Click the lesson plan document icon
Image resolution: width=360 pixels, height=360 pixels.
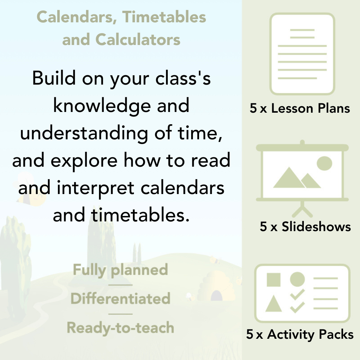302,54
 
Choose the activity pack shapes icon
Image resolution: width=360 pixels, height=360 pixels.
302,293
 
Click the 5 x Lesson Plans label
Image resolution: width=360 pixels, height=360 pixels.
300,108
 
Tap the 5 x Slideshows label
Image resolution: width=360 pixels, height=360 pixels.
305,226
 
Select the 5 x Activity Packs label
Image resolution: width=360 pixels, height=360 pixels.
300,334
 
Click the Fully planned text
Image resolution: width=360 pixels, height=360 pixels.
121,270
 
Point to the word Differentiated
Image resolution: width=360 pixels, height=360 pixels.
120,299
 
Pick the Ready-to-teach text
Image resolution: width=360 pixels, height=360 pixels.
120,328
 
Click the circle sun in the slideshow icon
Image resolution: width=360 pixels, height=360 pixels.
324,163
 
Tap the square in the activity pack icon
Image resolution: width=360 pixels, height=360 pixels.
274,279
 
